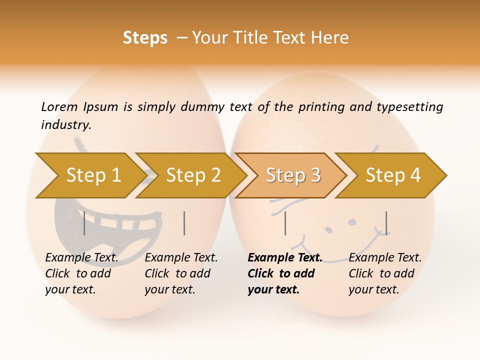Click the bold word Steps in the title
(145, 38)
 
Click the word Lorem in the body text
(59, 106)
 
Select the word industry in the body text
(66, 125)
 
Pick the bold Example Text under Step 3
(285, 258)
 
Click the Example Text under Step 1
(82, 258)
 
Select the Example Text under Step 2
(181, 258)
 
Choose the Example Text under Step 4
(385, 258)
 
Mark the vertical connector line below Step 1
(84, 223)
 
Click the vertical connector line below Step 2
(184, 223)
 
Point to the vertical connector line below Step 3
(285, 223)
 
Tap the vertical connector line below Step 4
(386, 223)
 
